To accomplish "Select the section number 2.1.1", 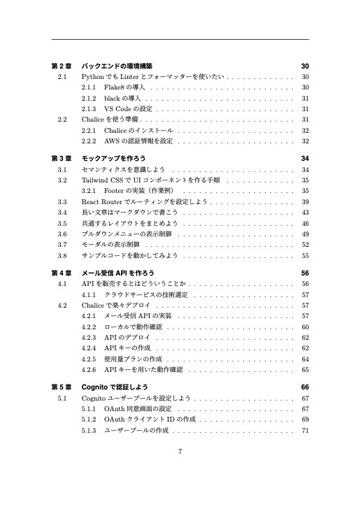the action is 89,87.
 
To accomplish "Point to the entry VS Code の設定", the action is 128,109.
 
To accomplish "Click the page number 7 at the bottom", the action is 180,450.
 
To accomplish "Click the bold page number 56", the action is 305,273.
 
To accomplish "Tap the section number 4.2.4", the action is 89,347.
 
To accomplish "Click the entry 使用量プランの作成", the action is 133,359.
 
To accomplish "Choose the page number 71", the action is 305,431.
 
